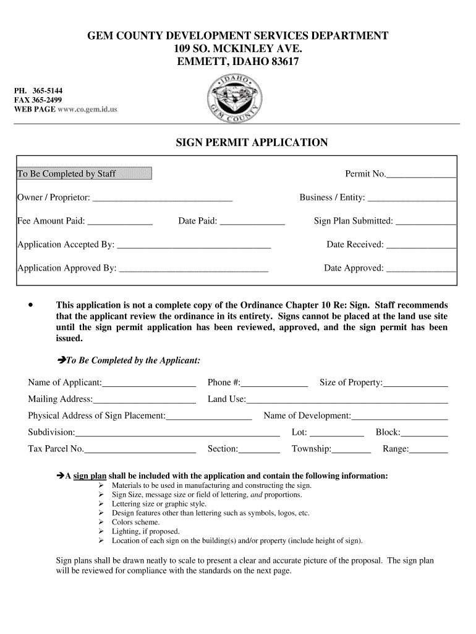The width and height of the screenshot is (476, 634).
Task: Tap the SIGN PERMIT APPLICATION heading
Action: pos(252,143)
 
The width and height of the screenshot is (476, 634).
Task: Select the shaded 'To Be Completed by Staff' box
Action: pos(84,173)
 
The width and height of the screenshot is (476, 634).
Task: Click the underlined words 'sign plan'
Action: pos(90,476)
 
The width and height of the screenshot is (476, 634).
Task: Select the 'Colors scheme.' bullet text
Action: pos(135,522)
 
